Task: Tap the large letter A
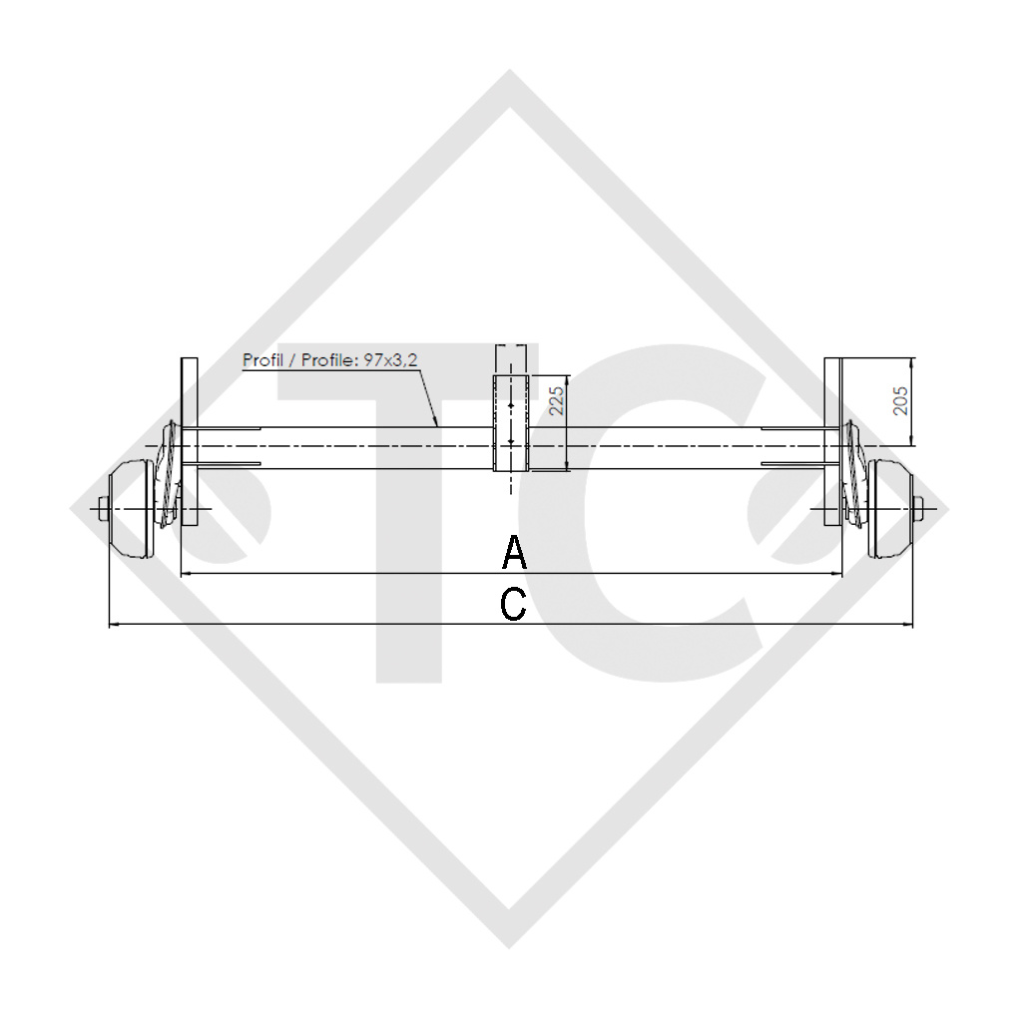(x=513, y=552)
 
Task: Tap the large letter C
(x=513, y=604)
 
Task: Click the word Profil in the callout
(x=261, y=360)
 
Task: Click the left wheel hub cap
(x=132, y=509)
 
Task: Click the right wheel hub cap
(x=890, y=509)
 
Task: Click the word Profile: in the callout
(x=322, y=360)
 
